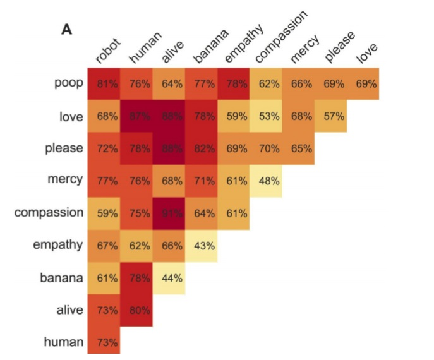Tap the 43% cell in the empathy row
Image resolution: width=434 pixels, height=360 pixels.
(x=203, y=245)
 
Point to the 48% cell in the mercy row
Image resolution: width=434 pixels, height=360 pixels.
(x=268, y=181)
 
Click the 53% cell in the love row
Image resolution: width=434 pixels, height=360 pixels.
(x=268, y=116)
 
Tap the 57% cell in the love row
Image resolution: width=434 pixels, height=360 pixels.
(x=333, y=116)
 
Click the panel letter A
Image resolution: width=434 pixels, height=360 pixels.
(x=66, y=29)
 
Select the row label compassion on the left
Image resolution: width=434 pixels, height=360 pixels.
(x=49, y=213)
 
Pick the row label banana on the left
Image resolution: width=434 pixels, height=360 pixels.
(x=62, y=277)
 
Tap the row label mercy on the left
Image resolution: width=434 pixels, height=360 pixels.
(x=65, y=180)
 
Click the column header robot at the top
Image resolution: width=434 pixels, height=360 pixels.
(x=107, y=50)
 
